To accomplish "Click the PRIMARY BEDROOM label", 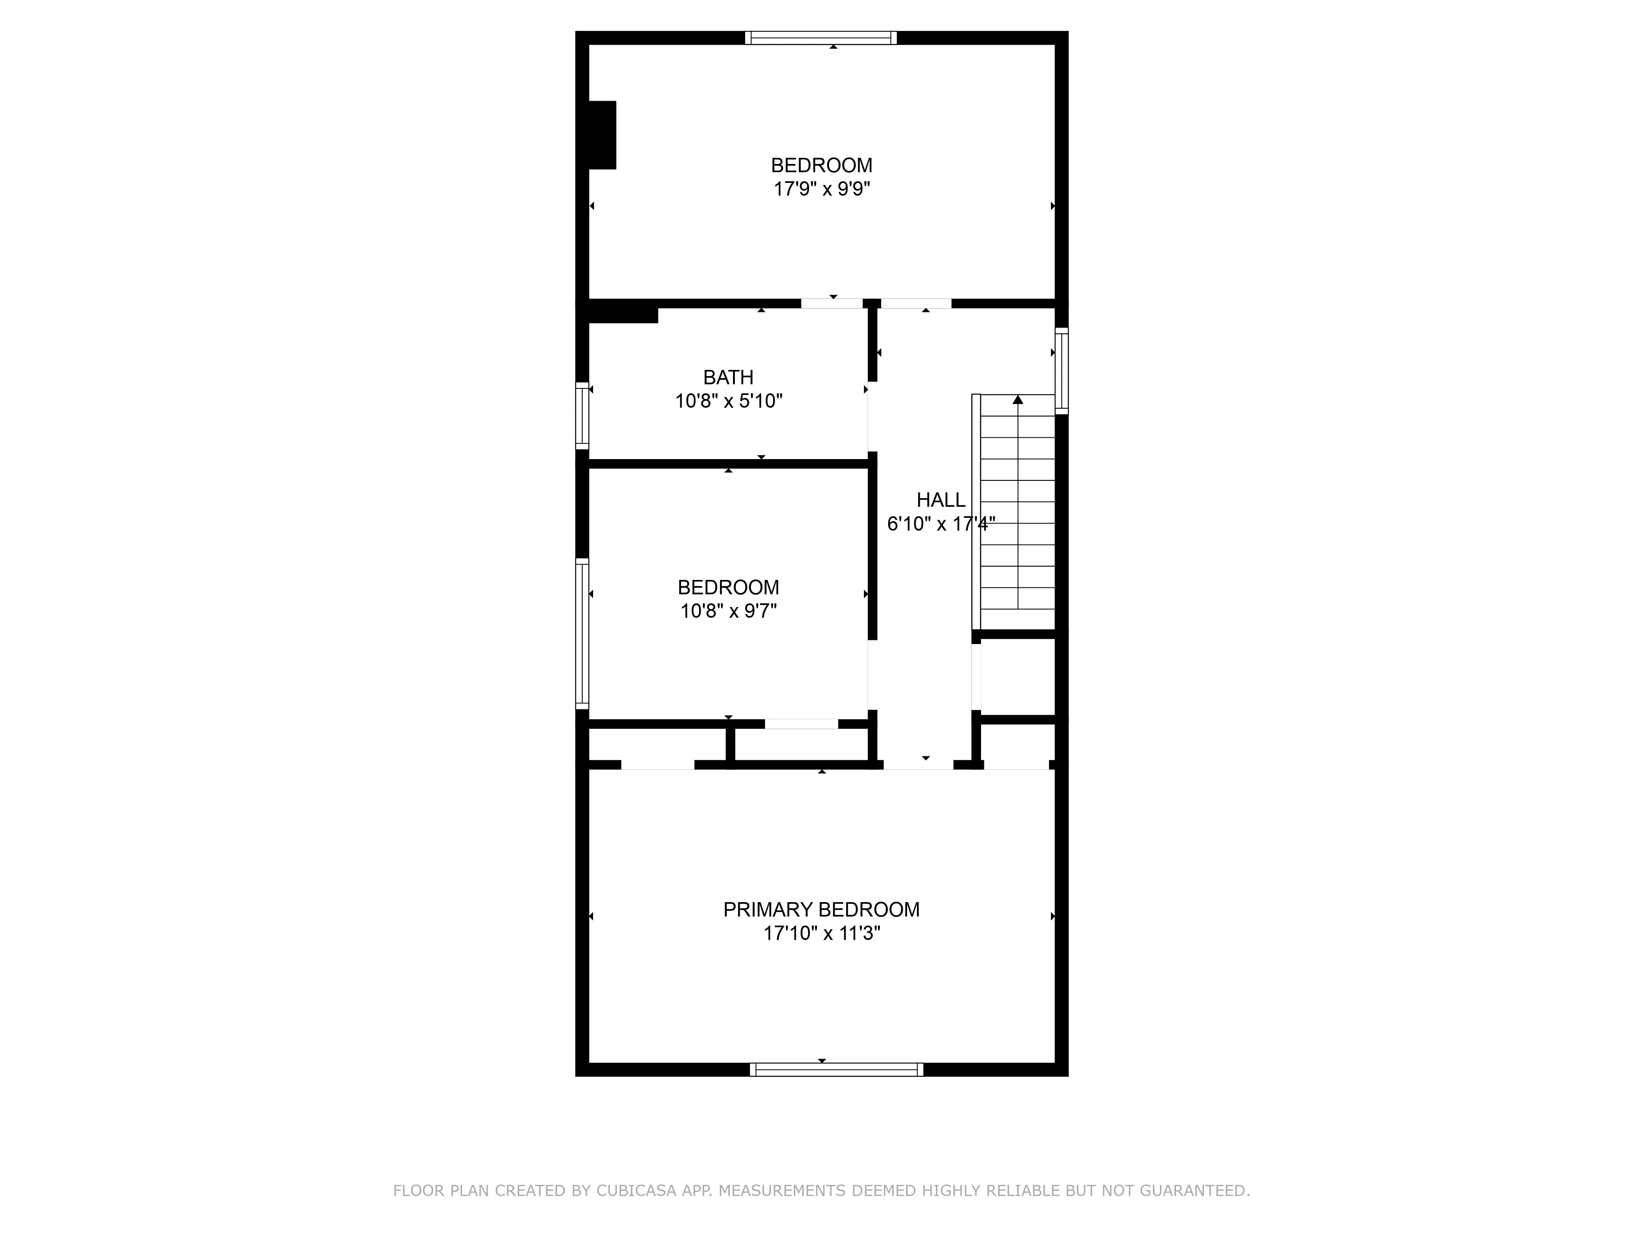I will click(x=821, y=910).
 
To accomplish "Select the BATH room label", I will click(x=728, y=378).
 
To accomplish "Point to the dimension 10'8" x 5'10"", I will click(x=728, y=401).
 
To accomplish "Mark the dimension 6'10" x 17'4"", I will click(x=940, y=524).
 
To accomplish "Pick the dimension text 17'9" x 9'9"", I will click(x=821, y=189).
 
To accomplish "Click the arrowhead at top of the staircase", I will click(x=1018, y=400).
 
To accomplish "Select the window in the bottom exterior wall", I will click(x=836, y=1069).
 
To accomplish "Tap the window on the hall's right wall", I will click(x=1062, y=371).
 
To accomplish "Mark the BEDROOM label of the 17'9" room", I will click(x=821, y=165).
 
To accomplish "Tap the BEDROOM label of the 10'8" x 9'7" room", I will click(x=728, y=588).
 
